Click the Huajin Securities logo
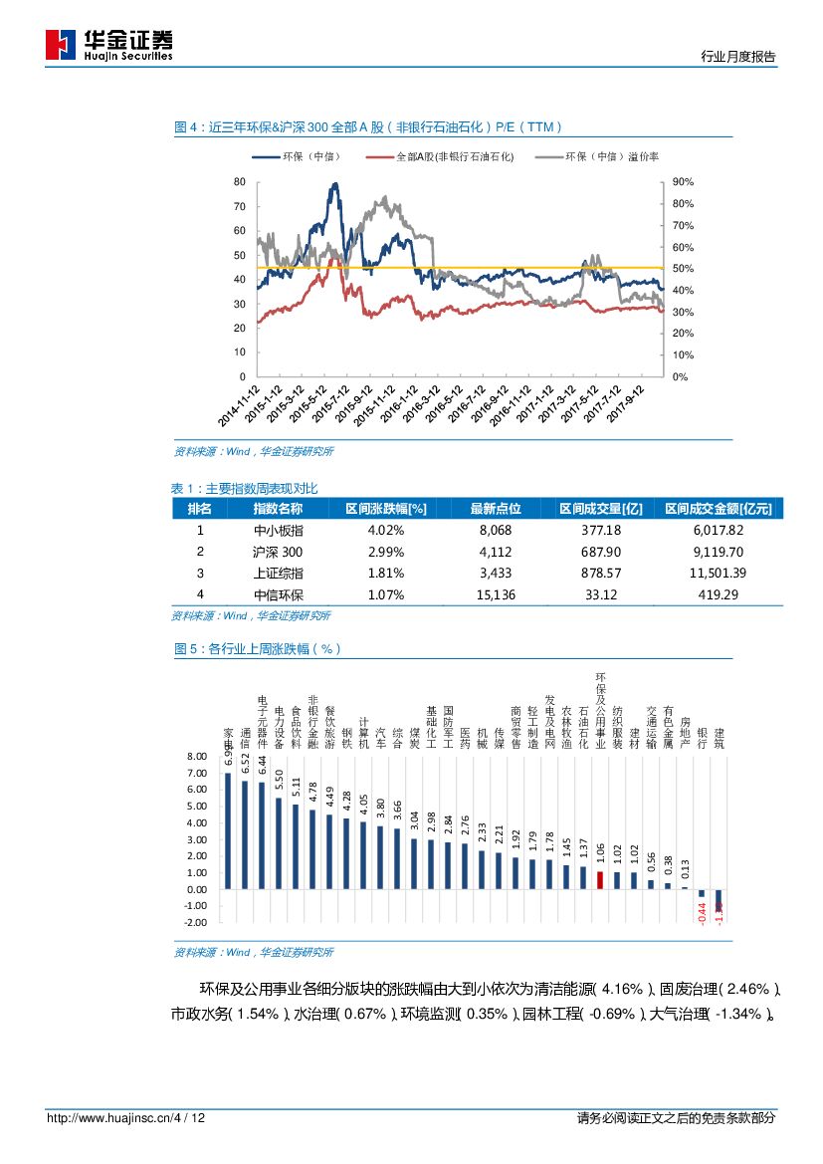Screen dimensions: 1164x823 (108, 45)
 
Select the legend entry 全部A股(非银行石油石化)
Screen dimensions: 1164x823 (442, 157)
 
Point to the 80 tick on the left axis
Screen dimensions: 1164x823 (239, 182)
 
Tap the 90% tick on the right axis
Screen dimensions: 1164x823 (683, 182)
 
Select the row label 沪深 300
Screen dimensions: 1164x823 (278, 552)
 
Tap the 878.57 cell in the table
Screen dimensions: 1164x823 (600, 574)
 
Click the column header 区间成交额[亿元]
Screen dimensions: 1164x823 (718, 509)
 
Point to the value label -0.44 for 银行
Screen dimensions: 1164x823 (702, 910)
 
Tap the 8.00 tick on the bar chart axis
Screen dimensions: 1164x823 (197, 758)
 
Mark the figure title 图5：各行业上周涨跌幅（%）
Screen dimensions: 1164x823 (258, 648)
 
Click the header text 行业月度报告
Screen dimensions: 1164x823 (738, 58)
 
